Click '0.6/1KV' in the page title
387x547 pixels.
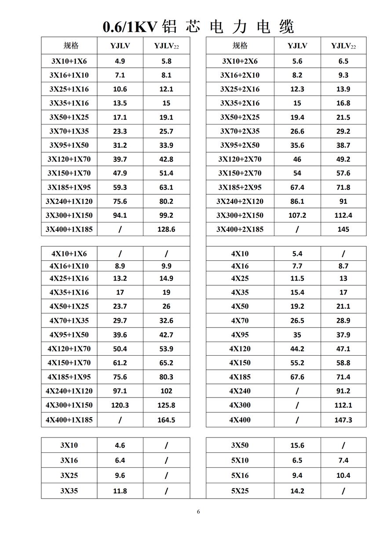click(x=130, y=27)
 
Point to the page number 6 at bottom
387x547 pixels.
click(x=198, y=511)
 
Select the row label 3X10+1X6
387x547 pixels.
click(x=69, y=61)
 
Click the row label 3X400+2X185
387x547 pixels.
click(x=240, y=229)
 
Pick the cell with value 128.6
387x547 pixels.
click(x=166, y=229)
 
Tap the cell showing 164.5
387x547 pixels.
click(x=166, y=420)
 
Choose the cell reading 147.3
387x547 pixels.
click(x=343, y=420)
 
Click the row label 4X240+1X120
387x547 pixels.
click(x=69, y=391)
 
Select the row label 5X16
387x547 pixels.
click(x=240, y=475)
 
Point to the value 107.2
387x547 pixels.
click(x=297, y=215)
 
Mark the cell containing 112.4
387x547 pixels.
click(x=343, y=215)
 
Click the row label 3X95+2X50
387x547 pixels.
click(x=240, y=145)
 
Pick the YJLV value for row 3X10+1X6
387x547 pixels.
click(x=120, y=61)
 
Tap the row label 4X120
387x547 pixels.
click(x=240, y=349)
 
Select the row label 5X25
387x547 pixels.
click(x=240, y=491)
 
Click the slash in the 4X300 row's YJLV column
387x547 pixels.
click(x=297, y=405)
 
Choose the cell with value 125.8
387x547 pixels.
click(x=166, y=405)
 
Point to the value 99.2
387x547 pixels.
click(x=166, y=215)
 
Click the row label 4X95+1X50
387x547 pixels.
click(x=69, y=335)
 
